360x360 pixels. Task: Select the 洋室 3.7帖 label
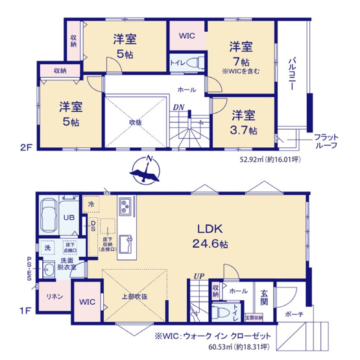click(244, 122)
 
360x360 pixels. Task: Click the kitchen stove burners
click(125, 208)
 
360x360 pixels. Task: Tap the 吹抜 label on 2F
click(134, 121)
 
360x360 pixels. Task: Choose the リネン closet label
click(53, 296)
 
